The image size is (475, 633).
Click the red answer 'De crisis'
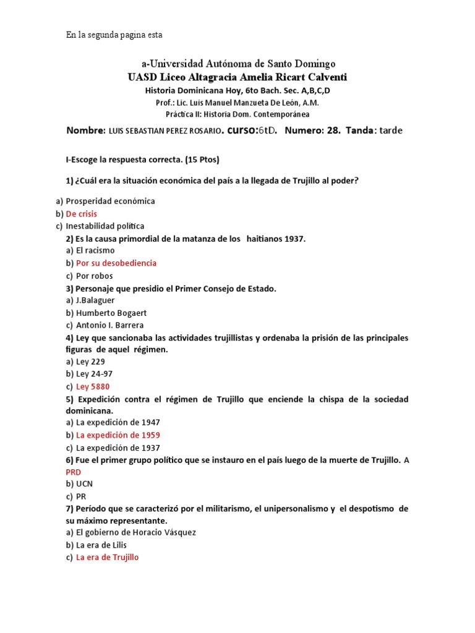click(x=81, y=214)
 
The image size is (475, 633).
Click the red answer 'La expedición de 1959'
click(x=118, y=435)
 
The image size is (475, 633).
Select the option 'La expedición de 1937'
click(x=118, y=448)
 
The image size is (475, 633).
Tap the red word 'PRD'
click(x=74, y=472)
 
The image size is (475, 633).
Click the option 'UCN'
click(x=84, y=484)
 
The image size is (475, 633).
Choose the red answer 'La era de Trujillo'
click(x=107, y=557)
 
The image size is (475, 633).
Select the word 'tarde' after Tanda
click(x=390, y=130)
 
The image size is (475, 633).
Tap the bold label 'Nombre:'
click(x=85, y=130)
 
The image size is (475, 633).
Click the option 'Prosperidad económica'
click(x=110, y=202)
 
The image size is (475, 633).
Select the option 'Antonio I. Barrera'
click(x=109, y=325)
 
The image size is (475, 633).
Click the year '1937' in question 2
click(x=295, y=239)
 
